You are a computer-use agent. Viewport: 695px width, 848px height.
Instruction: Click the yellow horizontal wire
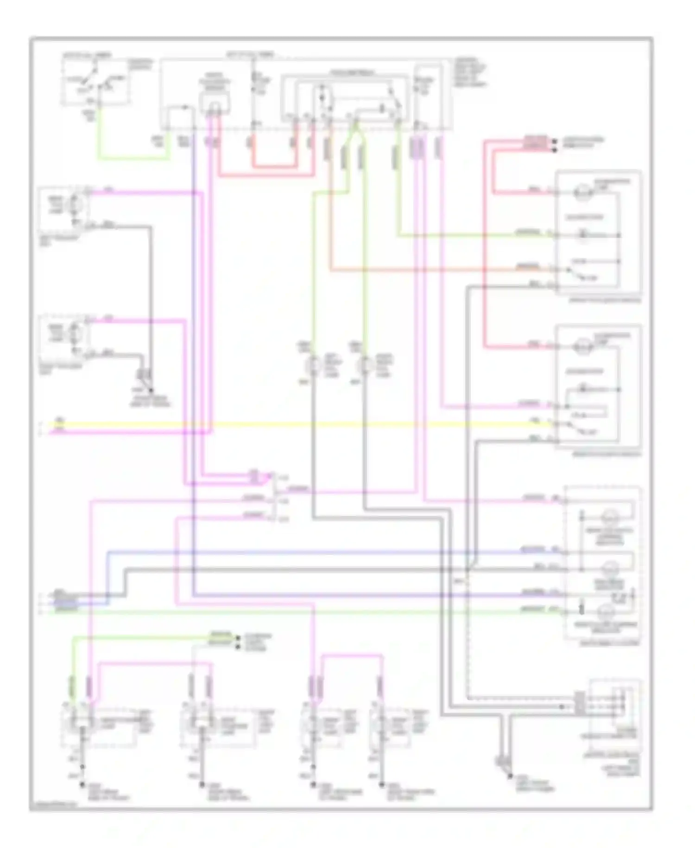pyautogui.click(x=301, y=424)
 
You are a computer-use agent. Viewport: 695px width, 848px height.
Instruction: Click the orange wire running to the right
pyautogui.click(x=417, y=269)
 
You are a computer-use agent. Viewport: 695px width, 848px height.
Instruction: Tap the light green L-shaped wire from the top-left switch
pyautogui.click(x=134, y=158)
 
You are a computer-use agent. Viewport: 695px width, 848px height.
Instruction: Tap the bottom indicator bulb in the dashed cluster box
pyautogui.click(x=605, y=612)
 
